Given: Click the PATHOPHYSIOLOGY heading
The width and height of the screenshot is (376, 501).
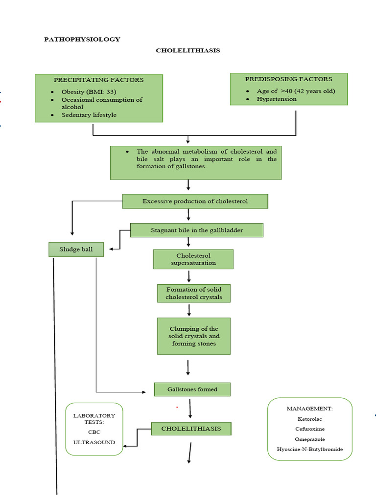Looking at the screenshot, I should (x=82, y=39).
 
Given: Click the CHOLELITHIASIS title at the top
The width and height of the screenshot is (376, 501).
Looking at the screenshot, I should (x=188, y=50).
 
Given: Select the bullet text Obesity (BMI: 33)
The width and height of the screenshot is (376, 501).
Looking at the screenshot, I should (x=89, y=92).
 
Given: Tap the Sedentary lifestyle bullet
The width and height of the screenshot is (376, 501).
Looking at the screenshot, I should (x=89, y=115).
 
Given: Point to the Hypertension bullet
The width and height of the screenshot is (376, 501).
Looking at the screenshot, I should (x=277, y=99).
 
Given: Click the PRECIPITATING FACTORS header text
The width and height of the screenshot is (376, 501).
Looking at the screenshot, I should (x=98, y=80).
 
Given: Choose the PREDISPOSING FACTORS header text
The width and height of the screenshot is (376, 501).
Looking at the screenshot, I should (x=288, y=79).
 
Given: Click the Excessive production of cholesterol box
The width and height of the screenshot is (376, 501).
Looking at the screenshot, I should (x=195, y=201).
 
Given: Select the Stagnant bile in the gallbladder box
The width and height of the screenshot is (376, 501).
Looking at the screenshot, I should (x=196, y=230).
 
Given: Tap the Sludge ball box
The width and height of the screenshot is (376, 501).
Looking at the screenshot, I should (x=76, y=250).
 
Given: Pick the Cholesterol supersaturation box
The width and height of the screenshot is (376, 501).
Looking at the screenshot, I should (x=193, y=259).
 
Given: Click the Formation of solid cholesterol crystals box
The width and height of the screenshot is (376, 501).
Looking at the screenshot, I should (x=193, y=293).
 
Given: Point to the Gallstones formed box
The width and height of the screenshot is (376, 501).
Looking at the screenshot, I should (x=192, y=389).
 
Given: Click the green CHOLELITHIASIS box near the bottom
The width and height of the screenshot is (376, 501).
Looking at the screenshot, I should (x=191, y=429).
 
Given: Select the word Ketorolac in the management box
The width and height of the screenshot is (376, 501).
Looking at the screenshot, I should (x=310, y=419).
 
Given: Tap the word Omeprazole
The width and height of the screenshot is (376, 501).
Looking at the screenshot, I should (x=310, y=439).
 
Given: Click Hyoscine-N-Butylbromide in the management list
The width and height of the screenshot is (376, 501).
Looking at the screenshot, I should (x=310, y=449).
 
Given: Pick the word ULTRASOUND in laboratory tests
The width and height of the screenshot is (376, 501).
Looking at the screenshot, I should (x=94, y=442).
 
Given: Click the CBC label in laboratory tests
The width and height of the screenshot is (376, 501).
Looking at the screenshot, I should (x=94, y=432).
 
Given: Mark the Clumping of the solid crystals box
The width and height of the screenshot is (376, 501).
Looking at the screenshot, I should (x=193, y=336).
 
